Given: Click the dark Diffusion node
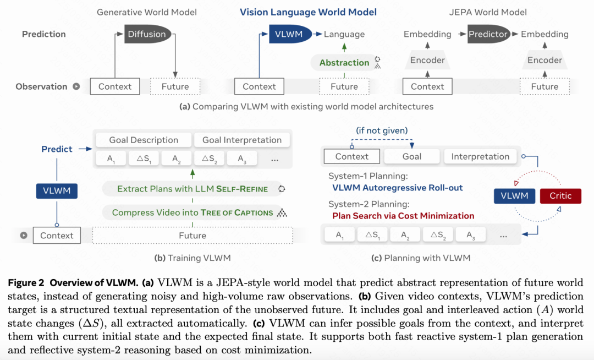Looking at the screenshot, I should coord(146,34).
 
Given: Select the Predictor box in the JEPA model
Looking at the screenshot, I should coord(488,34).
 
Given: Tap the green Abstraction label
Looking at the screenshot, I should coord(344,63).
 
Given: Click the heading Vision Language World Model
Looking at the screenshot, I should coord(308,12).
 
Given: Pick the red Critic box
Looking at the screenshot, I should coord(560,195).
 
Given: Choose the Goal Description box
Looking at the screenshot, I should coord(144,140).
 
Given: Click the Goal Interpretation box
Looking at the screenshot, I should coord(242,140).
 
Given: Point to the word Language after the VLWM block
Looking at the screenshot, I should coord(344,34).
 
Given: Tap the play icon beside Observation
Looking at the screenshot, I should coord(76,86).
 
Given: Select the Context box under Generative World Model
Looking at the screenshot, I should coord(115,86).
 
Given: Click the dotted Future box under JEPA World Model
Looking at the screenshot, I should coord(544,86).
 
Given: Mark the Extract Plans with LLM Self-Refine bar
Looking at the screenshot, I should coord(193,189).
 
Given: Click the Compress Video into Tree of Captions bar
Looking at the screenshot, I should coord(193,212).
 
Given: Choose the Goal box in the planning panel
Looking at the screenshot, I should coord(411,156).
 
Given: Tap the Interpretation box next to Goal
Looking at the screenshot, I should coord(480,156).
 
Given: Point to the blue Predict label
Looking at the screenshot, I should coord(57,149).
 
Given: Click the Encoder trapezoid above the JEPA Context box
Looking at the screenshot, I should coord(427,60).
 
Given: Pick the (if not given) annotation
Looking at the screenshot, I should coord(382,130).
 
